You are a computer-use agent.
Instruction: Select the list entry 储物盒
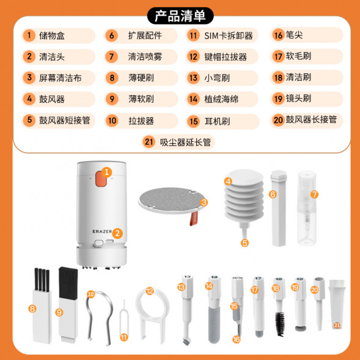[x=52, y=35]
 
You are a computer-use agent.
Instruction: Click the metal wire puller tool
[x=92, y=315]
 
